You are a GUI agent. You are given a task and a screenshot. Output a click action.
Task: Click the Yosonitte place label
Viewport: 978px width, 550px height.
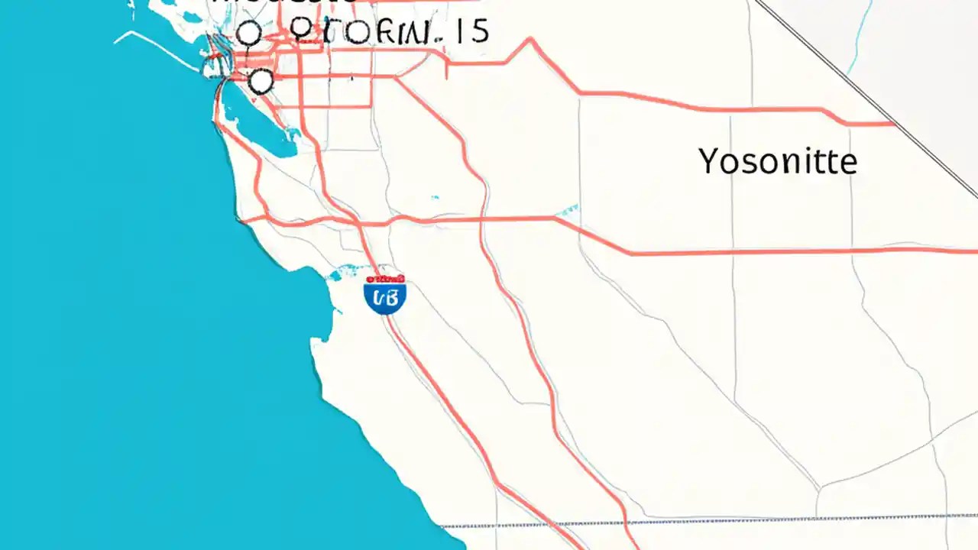point(778,161)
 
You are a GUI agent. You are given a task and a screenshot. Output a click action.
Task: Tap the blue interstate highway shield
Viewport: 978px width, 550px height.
point(385,296)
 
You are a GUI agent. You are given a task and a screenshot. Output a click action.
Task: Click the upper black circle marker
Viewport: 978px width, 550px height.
point(248,34)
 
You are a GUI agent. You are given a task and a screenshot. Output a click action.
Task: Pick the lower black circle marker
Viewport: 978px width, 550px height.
point(261,80)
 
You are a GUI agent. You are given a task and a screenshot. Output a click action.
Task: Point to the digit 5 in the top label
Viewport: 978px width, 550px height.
point(479,32)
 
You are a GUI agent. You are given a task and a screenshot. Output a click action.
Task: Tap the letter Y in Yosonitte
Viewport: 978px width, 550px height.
point(710,160)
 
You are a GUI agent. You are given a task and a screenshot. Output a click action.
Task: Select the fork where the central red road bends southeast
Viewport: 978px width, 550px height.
point(555,219)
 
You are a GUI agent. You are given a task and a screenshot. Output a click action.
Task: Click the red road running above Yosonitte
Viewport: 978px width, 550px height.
point(726,108)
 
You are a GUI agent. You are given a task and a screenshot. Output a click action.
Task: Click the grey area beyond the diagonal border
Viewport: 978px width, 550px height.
point(917,46)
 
